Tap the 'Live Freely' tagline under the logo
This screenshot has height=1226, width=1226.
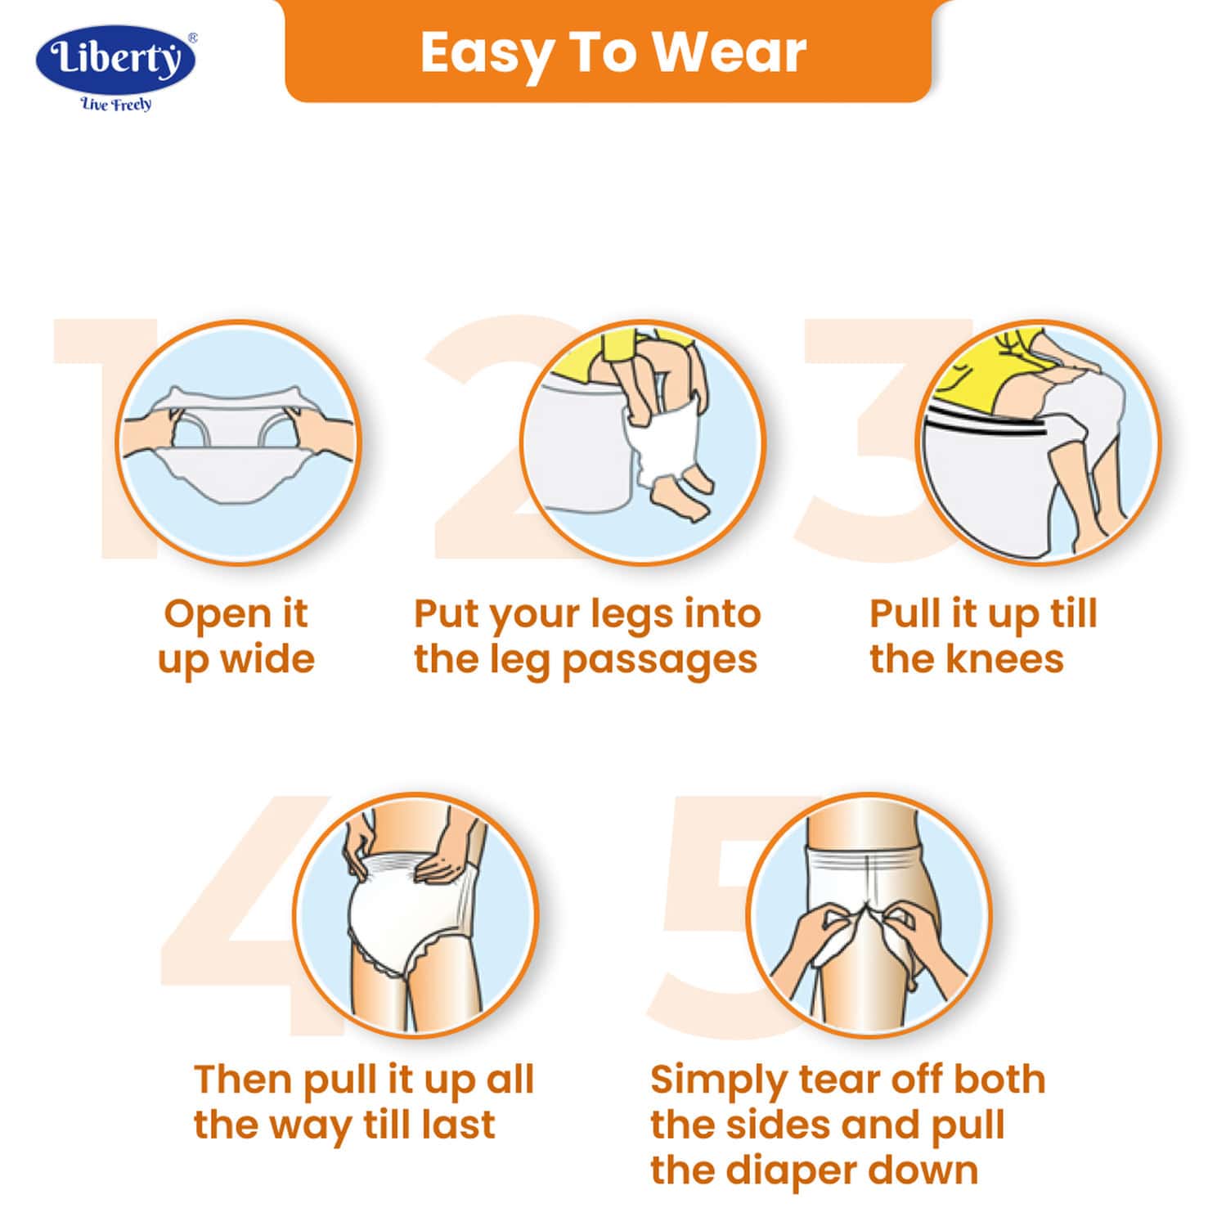116,104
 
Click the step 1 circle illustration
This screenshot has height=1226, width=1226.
238,442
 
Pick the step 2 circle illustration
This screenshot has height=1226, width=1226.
643,442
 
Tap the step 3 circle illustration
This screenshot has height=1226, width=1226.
1037,442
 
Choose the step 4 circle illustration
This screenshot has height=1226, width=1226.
415,914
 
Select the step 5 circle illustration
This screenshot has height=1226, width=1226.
869,914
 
